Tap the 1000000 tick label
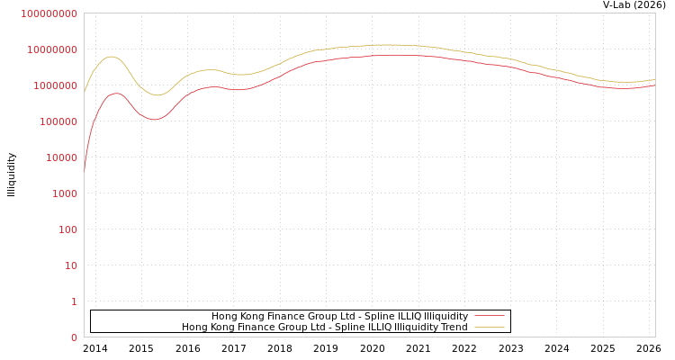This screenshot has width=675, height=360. click(56, 85)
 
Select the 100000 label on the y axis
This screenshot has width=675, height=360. click(58, 121)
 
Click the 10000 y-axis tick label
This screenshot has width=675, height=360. click(61, 157)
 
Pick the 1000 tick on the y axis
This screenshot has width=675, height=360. click(65, 193)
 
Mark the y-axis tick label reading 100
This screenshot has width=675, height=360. click(67, 229)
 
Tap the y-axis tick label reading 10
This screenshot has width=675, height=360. click(71, 265)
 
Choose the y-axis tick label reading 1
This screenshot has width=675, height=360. click(74, 301)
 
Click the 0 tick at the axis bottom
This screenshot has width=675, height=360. click(74, 337)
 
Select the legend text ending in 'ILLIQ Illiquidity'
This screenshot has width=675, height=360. click(339, 317)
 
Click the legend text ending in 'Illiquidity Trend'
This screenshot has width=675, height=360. click(324, 328)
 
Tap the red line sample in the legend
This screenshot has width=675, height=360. click(490, 317)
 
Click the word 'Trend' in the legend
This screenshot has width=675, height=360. click(453, 328)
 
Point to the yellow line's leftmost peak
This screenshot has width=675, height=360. click(111, 57)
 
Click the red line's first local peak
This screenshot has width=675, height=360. click(116, 94)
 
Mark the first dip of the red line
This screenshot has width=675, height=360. click(154, 119)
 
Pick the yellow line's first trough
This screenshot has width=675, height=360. click(157, 94)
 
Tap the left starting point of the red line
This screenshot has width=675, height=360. click(85, 170)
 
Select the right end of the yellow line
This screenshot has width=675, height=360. click(655, 79)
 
